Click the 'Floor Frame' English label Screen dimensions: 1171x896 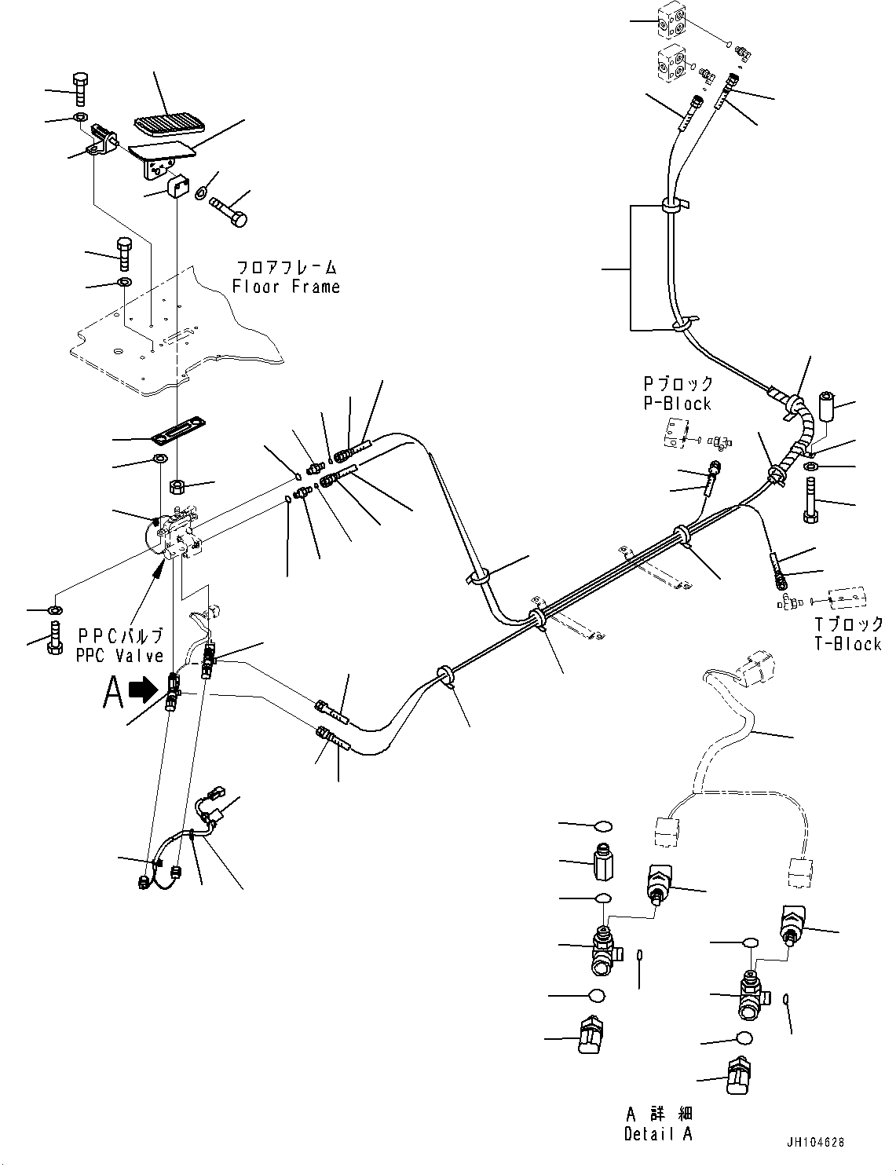pyautogui.click(x=286, y=287)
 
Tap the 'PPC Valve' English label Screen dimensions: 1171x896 pyautogui.click(x=119, y=655)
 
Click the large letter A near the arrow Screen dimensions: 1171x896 pyautogui.click(x=113, y=693)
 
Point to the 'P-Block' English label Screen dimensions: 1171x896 pyautogui.click(x=677, y=404)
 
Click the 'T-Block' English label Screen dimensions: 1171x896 pyautogui.click(x=847, y=643)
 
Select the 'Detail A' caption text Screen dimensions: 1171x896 pyautogui.click(x=658, y=1133)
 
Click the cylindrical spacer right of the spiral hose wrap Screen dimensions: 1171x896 pyautogui.click(x=826, y=406)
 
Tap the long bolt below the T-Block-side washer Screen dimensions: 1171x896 pyautogui.click(x=810, y=502)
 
